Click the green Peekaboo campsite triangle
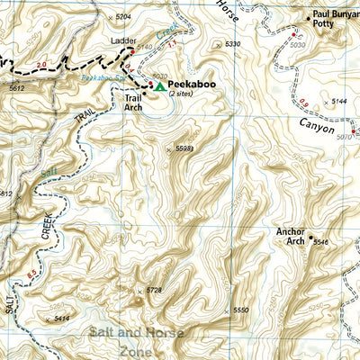159,86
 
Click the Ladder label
122,42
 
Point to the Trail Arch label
133,102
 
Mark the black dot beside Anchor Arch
310,238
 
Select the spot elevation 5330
232,43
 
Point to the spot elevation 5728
154,290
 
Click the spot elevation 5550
239,310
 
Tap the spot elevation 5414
61,319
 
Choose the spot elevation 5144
338,103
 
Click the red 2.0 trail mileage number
42,65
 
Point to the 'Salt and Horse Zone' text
137,340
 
